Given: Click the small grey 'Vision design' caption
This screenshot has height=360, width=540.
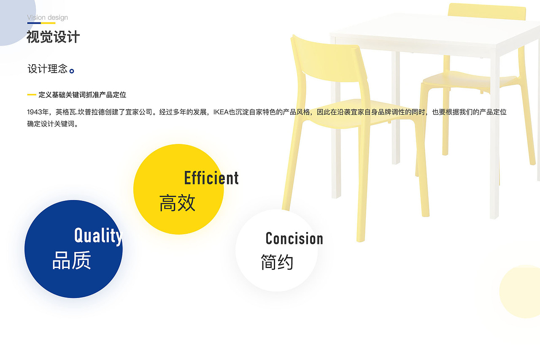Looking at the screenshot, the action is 47,18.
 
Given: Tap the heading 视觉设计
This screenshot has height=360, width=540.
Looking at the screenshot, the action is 53,37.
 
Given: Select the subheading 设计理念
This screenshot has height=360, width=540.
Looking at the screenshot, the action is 48,69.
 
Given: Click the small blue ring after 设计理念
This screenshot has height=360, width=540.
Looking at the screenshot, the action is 72,71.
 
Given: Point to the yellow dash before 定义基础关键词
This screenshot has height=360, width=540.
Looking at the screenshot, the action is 32,95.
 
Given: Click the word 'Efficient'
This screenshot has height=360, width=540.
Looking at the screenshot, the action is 211,178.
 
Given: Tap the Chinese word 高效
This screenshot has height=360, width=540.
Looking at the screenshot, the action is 177,203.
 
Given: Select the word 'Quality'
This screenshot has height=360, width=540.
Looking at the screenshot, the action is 98,236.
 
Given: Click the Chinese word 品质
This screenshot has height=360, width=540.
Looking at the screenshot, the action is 72,260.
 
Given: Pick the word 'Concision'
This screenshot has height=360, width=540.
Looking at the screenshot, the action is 294,238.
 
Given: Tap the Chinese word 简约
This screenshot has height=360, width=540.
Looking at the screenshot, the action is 277,262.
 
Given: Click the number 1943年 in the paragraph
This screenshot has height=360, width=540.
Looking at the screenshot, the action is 38,112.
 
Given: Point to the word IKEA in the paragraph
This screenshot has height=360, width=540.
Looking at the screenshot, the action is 221,112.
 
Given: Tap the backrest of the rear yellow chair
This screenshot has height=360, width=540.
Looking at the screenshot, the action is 487,11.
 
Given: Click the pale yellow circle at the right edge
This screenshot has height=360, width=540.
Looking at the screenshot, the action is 521,291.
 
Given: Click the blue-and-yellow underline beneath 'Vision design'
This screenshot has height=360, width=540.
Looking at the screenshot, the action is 41,23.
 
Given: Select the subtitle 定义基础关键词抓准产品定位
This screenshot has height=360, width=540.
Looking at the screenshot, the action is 82,95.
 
